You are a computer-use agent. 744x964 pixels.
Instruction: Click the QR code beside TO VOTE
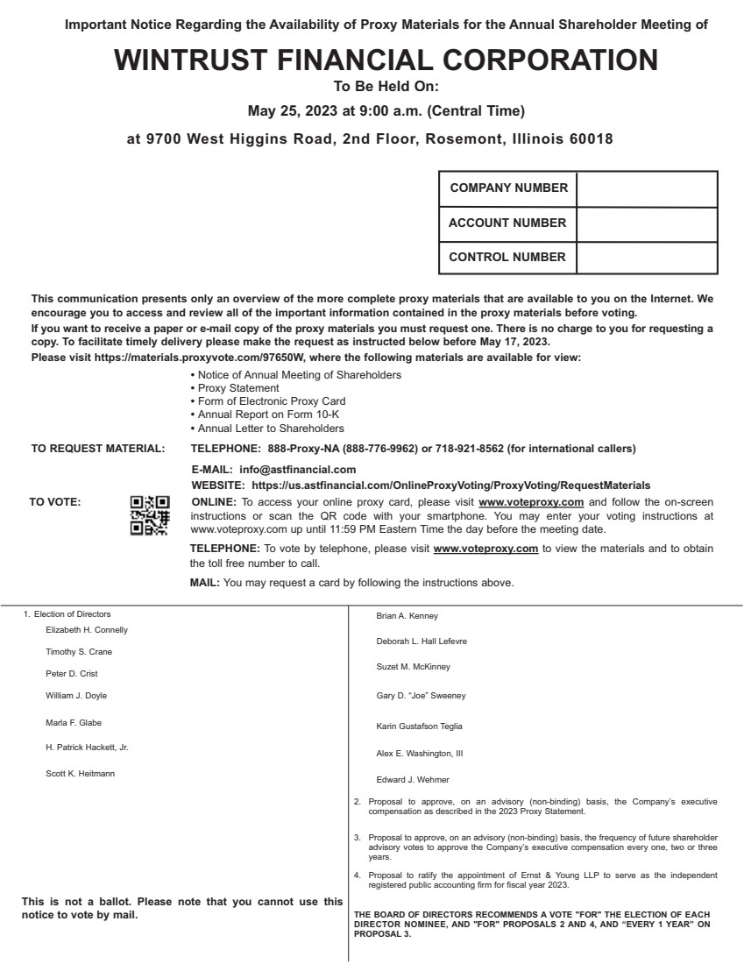149,515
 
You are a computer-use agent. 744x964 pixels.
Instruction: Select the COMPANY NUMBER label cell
508,188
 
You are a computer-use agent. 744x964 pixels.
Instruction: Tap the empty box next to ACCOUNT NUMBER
647,223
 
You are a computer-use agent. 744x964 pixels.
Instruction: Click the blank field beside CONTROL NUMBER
647,258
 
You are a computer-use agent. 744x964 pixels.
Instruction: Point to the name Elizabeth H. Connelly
87,629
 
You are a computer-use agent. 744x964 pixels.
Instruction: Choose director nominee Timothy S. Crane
79,652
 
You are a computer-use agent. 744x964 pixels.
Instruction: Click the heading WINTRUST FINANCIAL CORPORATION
386,60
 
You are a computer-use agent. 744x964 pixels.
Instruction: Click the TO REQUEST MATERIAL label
97,450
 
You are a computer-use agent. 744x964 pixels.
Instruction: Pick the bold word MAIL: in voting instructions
205,583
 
